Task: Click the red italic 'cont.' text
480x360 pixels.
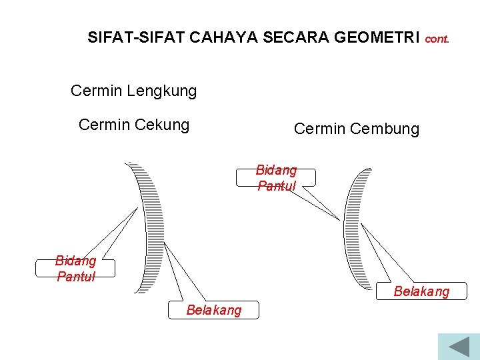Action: [x=437, y=39]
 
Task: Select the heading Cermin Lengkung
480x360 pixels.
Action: [x=133, y=91]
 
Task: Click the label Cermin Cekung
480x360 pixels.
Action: [x=133, y=125]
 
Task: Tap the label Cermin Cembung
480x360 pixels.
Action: [x=356, y=129]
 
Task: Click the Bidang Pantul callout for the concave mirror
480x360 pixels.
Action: [x=75, y=268]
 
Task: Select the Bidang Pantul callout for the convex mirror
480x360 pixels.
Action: [x=276, y=178]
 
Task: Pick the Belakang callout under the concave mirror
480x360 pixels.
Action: [x=214, y=310]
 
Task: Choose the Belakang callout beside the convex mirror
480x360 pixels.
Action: [x=421, y=291]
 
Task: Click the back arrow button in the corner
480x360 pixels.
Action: [x=459, y=347]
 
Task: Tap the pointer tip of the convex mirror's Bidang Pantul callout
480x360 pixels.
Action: [x=340, y=220]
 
